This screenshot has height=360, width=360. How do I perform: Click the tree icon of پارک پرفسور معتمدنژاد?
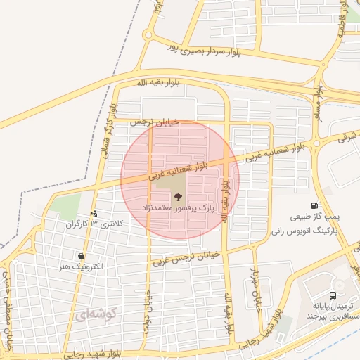[x=177, y=196]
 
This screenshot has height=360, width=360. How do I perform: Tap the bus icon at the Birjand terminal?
[x=333, y=296]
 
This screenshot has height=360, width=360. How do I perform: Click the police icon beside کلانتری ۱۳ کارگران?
[x=95, y=213]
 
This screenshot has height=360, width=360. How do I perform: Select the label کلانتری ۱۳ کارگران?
[x=94, y=224]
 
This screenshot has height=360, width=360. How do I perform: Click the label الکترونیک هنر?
[x=82, y=267]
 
